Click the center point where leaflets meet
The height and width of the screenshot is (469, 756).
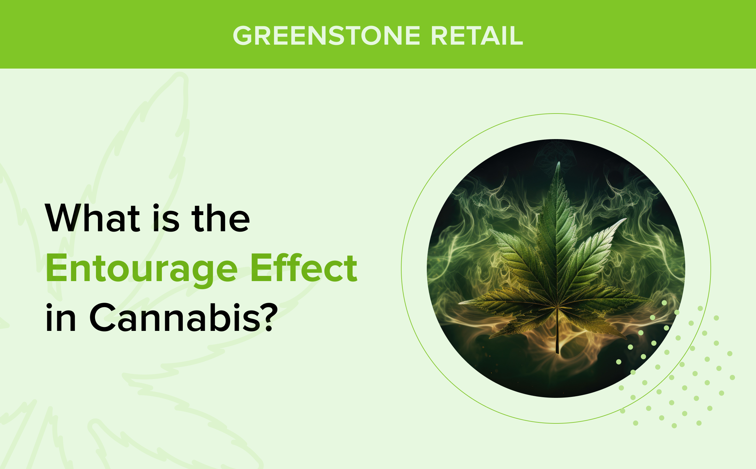pos(557,306)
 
